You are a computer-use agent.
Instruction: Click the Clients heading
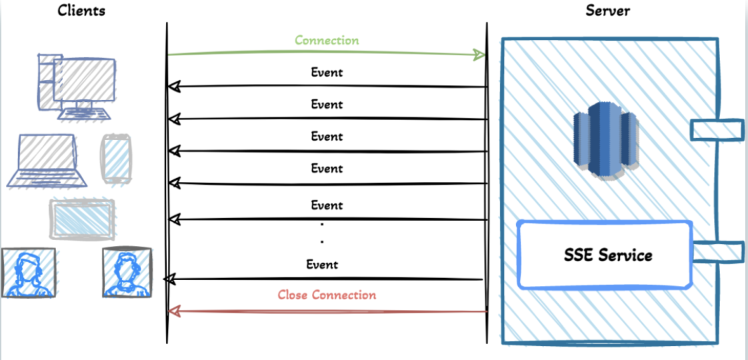pos(81,11)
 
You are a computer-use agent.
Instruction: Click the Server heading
pos(608,11)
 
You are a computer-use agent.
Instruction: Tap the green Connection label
pos(327,40)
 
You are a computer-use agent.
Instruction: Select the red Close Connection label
pos(327,295)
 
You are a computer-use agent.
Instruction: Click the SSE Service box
pos(605,255)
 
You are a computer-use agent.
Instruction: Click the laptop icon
pos(47,160)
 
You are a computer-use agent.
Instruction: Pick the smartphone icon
pos(116,159)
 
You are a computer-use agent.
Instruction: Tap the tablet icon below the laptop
pos(81,219)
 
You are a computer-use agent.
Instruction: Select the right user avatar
pos(127,272)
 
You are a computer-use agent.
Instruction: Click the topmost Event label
pos(327,73)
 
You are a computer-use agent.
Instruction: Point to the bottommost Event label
pos(322,264)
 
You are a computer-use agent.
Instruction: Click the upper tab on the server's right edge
pos(717,130)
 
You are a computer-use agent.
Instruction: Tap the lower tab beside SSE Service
pos(717,251)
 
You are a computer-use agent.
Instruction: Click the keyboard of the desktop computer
pos(85,113)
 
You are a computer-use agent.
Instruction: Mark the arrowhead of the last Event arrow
pos(170,279)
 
